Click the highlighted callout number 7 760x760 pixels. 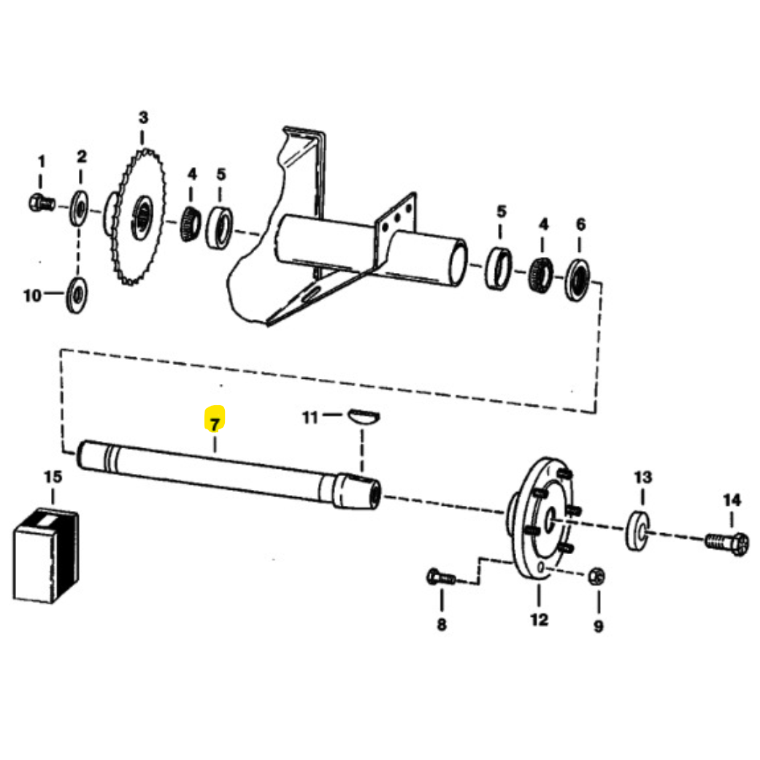coord(215,420)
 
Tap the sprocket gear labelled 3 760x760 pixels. coord(136,216)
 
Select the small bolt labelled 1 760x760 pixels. coord(42,203)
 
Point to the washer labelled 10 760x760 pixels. coord(77,295)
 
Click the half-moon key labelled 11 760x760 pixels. coord(364,416)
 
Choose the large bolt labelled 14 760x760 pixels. coord(726,543)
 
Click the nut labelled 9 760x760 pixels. coord(596,576)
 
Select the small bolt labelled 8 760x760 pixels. coord(441,577)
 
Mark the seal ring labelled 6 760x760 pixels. coord(577,280)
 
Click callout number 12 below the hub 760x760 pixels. coord(539,620)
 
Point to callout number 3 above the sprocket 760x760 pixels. coord(143,118)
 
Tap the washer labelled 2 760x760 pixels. coord(79,208)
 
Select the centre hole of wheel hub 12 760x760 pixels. coord(550,521)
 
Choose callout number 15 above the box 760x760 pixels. coord(53,477)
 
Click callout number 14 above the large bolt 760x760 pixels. coord(732,500)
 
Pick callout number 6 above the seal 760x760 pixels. coord(580,224)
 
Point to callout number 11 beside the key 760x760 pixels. coord(310,417)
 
